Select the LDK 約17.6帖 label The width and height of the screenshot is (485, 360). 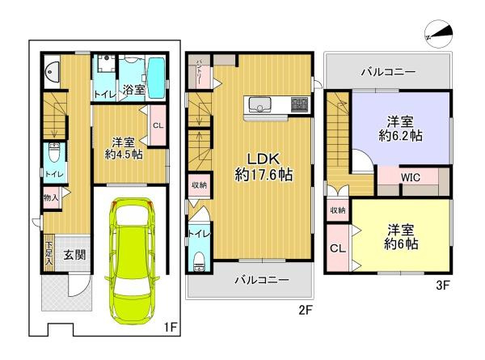tap(264, 166)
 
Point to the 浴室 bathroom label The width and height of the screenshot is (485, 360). tap(133, 89)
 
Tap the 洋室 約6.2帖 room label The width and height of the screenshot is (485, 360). tap(396, 129)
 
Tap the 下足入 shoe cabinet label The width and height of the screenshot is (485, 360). tap(48, 253)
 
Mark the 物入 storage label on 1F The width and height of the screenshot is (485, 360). tap(48, 197)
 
